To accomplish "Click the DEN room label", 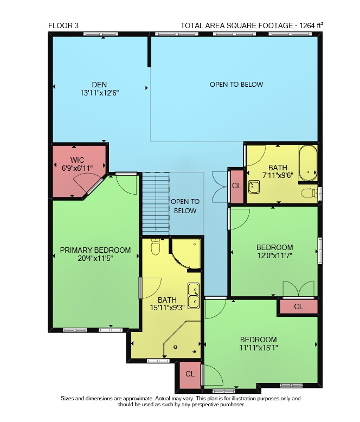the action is point(99,85).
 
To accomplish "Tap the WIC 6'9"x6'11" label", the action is point(77,164).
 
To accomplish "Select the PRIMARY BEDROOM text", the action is point(95,250).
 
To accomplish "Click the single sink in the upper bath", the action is point(254,187).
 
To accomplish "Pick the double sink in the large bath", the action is point(194,296).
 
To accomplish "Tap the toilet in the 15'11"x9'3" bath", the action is point(156,246).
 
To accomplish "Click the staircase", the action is point(156,204).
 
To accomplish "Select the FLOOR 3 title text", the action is point(63,25).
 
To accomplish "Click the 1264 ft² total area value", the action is point(311,25).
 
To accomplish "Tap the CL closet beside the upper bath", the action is point(236,186).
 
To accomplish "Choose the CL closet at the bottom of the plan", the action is point(190,374).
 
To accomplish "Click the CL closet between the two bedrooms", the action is point(298,306).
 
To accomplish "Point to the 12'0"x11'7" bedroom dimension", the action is point(275,255).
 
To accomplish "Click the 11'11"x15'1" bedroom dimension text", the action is point(259,348).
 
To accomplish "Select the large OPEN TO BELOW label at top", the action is point(236,85).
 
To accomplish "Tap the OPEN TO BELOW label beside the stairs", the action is point(185,206).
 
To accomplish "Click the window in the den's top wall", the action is point(101,34).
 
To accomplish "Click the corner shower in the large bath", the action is point(182,340).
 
